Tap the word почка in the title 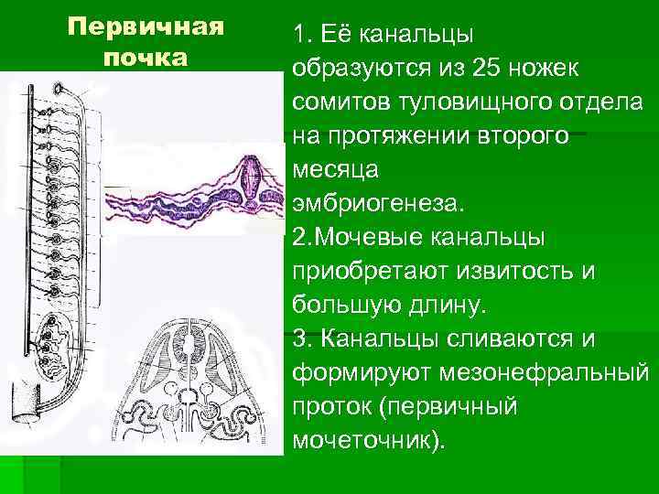pos(146,57)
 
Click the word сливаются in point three pos(509,338)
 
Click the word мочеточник pos(365,440)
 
